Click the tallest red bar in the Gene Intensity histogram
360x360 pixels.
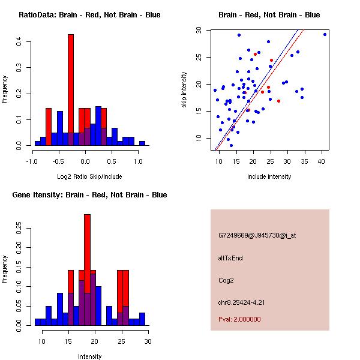(x=87, y=252)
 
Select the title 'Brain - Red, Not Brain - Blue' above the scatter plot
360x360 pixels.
(x=269, y=15)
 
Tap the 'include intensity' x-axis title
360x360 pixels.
(x=269, y=176)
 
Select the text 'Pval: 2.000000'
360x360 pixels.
(x=239, y=319)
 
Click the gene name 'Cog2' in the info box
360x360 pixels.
(x=226, y=280)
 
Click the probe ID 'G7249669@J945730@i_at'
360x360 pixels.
(x=257, y=235)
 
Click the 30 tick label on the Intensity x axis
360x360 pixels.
(x=148, y=341)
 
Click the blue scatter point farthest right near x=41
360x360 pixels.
(x=325, y=34)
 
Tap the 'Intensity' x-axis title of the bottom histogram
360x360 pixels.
(x=90, y=356)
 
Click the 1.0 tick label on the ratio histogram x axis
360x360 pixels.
(x=138, y=161)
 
